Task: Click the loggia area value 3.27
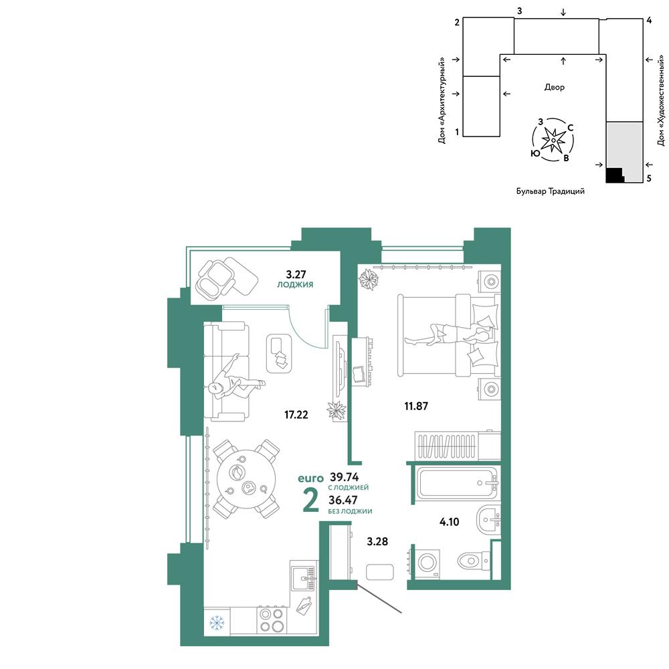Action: click(x=296, y=274)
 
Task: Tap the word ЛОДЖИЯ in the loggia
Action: click(x=295, y=284)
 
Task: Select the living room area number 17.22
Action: click(x=296, y=414)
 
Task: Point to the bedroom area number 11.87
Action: click(x=416, y=406)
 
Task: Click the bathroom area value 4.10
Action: click(x=450, y=521)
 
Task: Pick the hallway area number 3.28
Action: click(x=377, y=541)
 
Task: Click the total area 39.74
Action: click(x=345, y=477)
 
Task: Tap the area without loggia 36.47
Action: click(x=343, y=500)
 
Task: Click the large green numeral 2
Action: click(x=310, y=500)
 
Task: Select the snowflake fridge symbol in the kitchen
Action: click(x=217, y=624)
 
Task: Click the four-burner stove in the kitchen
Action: click(x=272, y=620)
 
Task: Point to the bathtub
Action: click(x=457, y=483)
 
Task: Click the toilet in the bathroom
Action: click(x=474, y=561)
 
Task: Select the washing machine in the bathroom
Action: click(x=427, y=563)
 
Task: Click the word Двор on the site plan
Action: click(x=554, y=88)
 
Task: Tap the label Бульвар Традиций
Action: click(x=551, y=191)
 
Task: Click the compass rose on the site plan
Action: click(x=553, y=140)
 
